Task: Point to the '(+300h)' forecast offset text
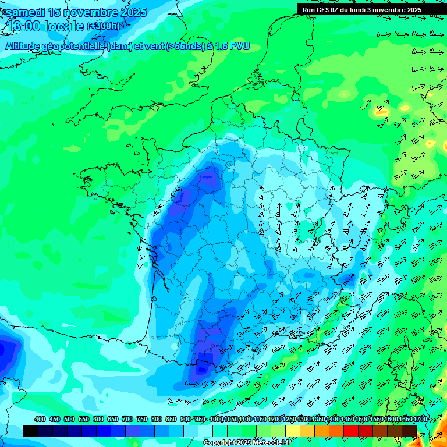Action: (x=104, y=26)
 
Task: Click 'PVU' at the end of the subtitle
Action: (x=239, y=46)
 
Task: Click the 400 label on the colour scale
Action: (x=40, y=419)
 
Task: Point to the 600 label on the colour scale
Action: (x=98, y=419)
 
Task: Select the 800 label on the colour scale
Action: (x=157, y=419)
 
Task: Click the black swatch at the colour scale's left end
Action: (x=31, y=431)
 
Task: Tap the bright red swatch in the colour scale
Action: (x=351, y=431)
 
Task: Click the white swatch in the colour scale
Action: (x=205, y=431)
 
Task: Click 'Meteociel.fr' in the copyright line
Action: (x=269, y=443)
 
